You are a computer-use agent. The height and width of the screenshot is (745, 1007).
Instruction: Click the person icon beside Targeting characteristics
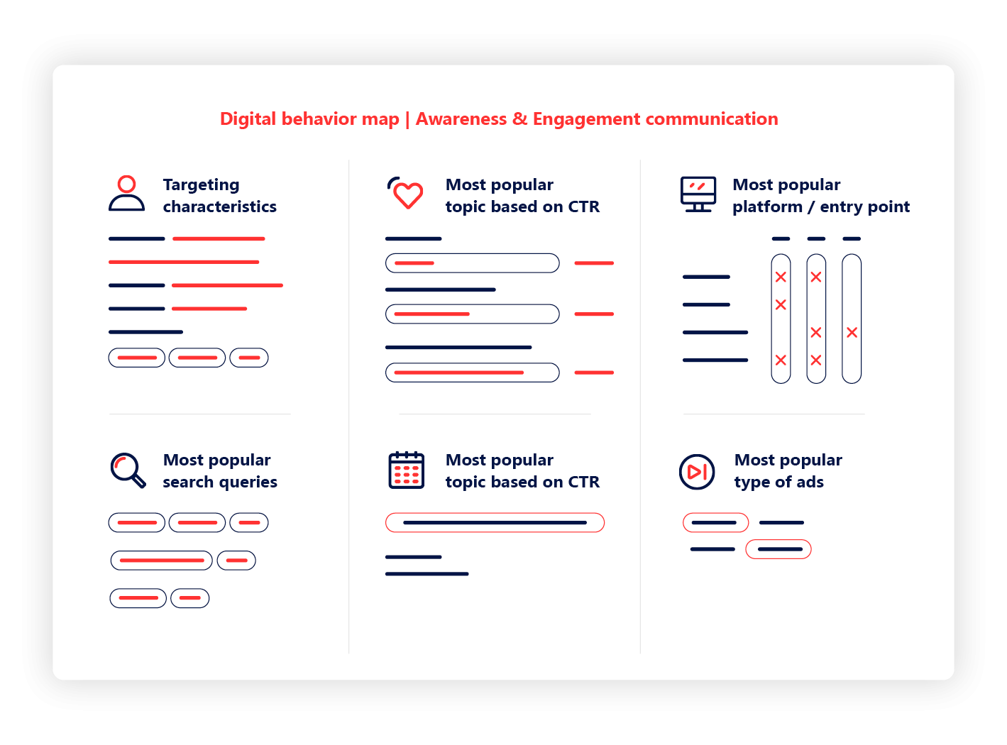point(126,194)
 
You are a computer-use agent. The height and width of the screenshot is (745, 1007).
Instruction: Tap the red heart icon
point(407,194)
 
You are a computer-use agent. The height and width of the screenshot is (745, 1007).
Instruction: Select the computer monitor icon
point(698,194)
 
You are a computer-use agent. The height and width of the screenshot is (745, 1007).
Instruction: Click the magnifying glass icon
point(128,470)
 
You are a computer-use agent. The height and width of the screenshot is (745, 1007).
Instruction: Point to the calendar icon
point(406,470)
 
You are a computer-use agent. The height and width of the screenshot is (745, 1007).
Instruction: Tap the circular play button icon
point(697,472)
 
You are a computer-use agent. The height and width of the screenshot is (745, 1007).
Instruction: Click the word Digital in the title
point(248,118)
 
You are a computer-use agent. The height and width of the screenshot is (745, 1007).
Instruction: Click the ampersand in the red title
point(519,118)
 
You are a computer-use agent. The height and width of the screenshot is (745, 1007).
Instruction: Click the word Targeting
point(201,185)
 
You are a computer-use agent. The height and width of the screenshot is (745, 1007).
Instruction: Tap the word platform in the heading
point(767,207)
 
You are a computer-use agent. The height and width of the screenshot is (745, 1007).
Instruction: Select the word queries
point(248,482)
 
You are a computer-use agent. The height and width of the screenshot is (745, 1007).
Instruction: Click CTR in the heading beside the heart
point(583,207)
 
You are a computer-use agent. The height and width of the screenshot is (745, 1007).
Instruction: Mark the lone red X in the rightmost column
point(852,333)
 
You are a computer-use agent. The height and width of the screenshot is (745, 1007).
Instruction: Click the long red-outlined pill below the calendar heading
point(495,523)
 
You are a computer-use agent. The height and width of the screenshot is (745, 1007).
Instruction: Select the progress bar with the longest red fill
point(472,372)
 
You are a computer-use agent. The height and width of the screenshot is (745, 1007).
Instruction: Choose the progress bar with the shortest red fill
point(472,263)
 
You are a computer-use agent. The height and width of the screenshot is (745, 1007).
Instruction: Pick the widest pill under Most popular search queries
point(162,561)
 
